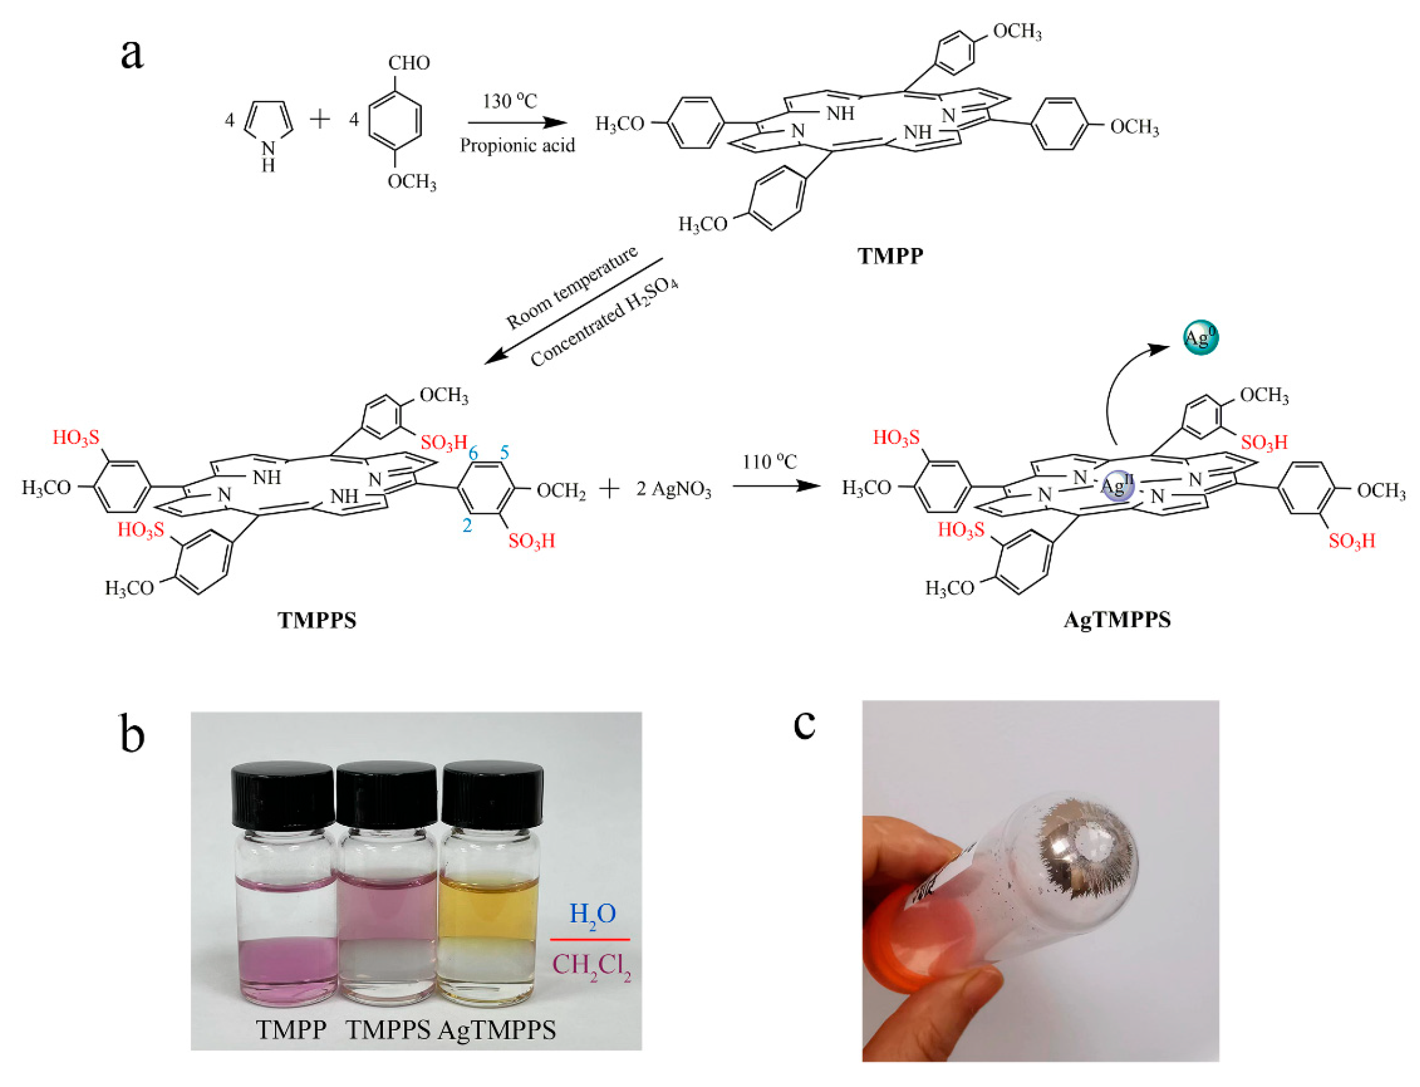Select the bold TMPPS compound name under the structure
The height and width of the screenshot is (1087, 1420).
pyautogui.click(x=317, y=620)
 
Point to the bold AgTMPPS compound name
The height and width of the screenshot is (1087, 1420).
pyautogui.click(x=1117, y=620)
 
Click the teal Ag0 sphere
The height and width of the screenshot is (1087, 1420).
pyautogui.click(x=1200, y=337)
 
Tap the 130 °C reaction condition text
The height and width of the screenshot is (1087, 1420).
pyautogui.click(x=510, y=101)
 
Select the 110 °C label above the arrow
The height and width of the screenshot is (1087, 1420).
pyautogui.click(x=769, y=462)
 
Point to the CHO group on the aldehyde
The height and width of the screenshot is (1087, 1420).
pyautogui.click(x=409, y=63)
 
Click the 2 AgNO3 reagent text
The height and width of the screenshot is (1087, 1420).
pyautogui.click(x=674, y=490)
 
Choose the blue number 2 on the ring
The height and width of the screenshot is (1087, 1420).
pyautogui.click(x=467, y=526)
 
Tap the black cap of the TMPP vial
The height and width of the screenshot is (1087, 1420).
pyautogui.click(x=283, y=795)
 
